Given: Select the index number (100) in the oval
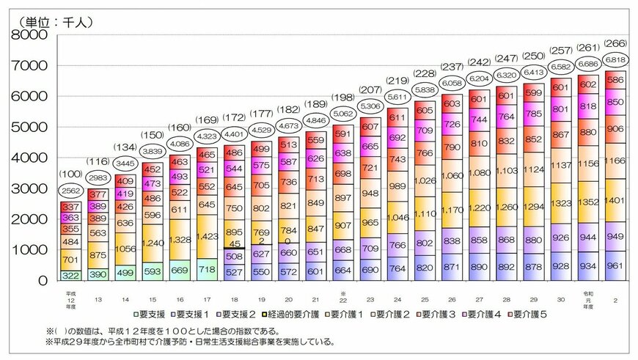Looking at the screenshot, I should coord(71,174).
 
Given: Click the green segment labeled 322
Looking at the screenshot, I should coord(71,275).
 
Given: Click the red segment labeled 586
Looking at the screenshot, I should coord(615,79).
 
